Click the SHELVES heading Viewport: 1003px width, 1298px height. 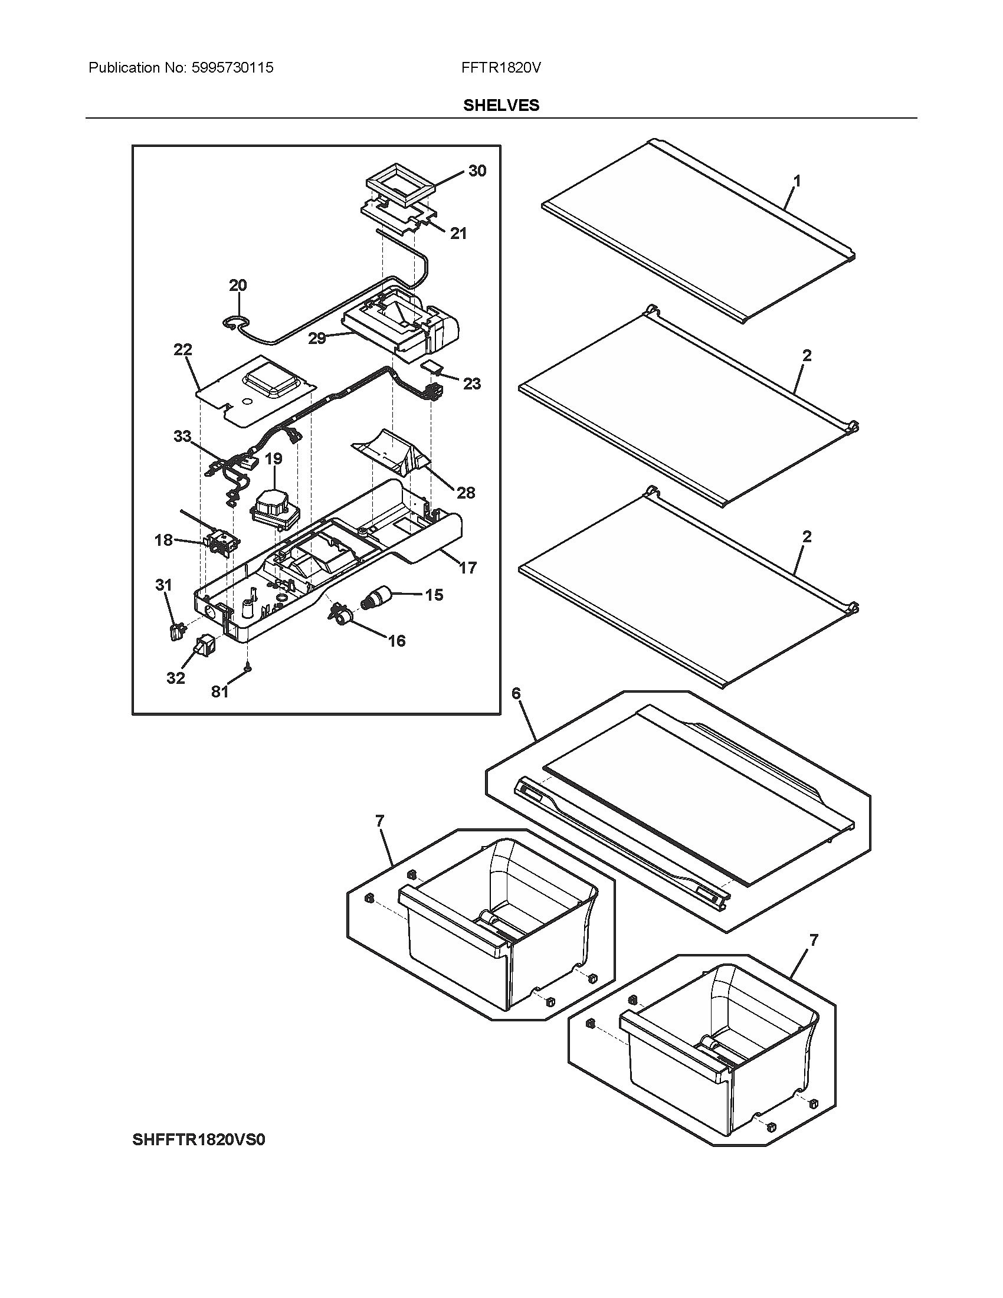pyautogui.click(x=501, y=105)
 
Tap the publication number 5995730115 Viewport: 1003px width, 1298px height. pyautogui.click(x=232, y=68)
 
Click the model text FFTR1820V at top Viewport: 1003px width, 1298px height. pyautogui.click(x=501, y=68)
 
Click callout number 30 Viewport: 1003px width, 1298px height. pyautogui.click(x=477, y=171)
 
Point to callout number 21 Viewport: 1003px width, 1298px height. pyautogui.click(x=458, y=234)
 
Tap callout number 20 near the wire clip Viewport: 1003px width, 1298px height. pyautogui.click(x=238, y=286)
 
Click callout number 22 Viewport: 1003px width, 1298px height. pyautogui.click(x=183, y=350)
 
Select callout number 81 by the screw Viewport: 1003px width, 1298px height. pyautogui.click(x=220, y=692)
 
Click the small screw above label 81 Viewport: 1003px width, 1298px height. pyautogui.click(x=248, y=668)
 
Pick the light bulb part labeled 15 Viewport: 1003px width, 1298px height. pyautogui.click(x=378, y=595)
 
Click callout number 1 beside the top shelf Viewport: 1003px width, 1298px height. pyautogui.click(x=797, y=181)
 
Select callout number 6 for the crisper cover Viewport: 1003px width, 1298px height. pyautogui.click(x=516, y=693)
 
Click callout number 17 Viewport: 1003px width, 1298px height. pyautogui.click(x=468, y=568)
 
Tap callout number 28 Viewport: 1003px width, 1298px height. pyautogui.click(x=466, y=493)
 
